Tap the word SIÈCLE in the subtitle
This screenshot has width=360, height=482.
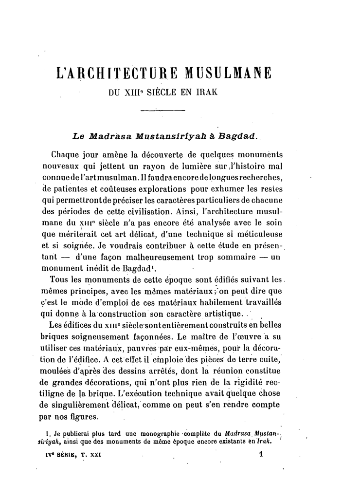162,91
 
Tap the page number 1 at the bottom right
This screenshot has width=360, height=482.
261,453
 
